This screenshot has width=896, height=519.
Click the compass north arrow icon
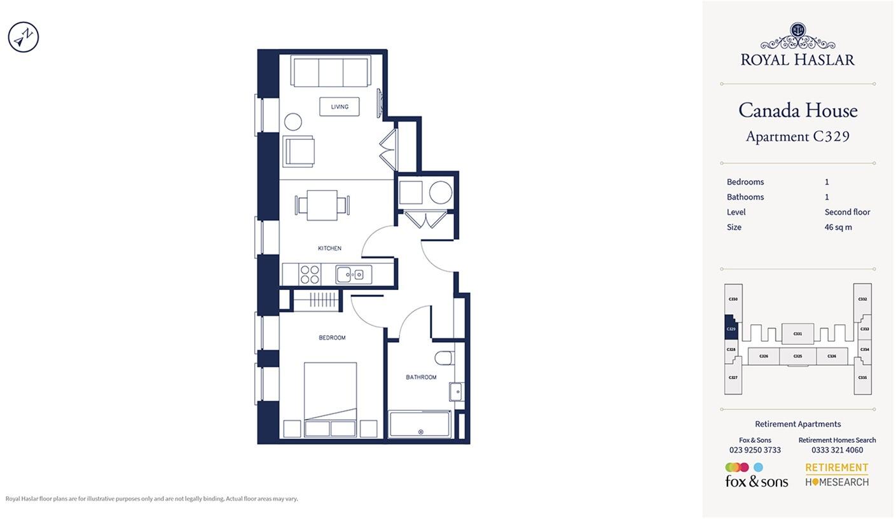pos(24,37)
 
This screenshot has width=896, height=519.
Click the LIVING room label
pos(340,107)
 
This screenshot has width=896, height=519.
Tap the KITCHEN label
pos(329,248)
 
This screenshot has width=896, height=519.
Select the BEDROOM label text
pos(332,338)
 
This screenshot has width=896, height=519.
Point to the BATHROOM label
pos(421,377)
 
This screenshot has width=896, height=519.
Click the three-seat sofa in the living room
pos(331,71)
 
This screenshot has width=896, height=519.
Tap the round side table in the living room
pos(293,121)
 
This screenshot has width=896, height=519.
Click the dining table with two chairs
pos(322,205)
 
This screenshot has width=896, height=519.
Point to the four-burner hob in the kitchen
pos(309,275)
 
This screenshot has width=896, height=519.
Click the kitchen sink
pos(353,275)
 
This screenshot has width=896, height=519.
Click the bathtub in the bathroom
pos(420,424)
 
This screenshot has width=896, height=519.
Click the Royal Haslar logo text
pos(797,60)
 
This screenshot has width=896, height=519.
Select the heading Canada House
pos(797,111)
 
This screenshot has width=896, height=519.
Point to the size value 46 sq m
pos(838,227)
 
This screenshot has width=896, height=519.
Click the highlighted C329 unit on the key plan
pos(731,329)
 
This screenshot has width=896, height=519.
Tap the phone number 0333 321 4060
pos(837,450)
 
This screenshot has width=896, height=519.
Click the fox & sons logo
pos(756,476)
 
